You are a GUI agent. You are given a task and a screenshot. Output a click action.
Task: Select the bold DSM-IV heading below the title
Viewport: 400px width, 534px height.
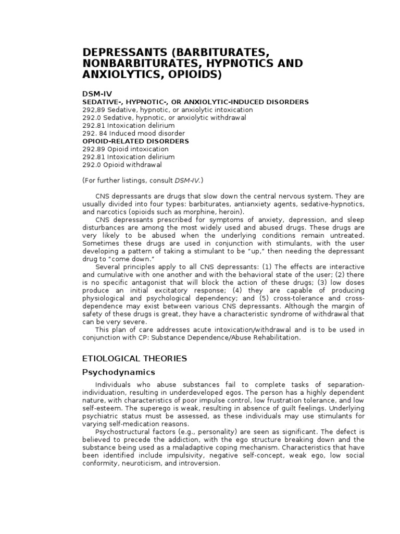coord(97,93)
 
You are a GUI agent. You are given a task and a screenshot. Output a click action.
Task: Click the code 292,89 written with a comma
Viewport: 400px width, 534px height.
coord(94,110)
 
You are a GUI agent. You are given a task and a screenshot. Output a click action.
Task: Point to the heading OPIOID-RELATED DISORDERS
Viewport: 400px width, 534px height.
coord(135,141)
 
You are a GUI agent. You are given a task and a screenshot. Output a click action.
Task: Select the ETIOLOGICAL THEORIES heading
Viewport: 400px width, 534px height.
coord(134,359)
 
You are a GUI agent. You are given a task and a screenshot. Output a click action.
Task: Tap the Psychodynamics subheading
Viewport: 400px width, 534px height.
coord(119,372)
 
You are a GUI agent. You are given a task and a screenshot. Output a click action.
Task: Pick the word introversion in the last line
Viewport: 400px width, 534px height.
coord(201,463)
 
